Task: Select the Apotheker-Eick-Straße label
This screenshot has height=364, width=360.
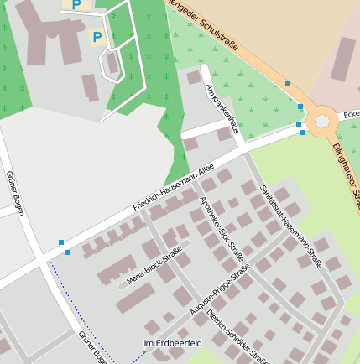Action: (x=222, y=228)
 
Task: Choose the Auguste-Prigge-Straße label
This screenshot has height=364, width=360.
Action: (x=221, y=291)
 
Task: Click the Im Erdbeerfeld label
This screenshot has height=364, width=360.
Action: (x=173, y=344)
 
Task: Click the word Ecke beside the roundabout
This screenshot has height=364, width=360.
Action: (x=351, y=115)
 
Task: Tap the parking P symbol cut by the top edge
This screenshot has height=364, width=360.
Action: (x=76, y=5)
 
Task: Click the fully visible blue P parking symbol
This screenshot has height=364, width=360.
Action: (x=97, y=37)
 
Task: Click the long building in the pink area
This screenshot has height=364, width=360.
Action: (x=345, y=59)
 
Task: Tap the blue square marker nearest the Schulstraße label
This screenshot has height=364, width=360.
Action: (x=288, y=84)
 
